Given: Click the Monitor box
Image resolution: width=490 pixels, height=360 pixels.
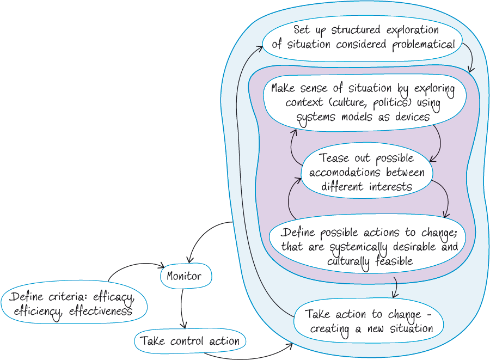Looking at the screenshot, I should click(184, 276).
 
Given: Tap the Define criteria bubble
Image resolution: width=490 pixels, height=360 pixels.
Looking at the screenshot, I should click(75, 305).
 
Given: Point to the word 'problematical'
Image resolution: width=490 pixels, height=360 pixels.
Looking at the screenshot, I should click(424, 45).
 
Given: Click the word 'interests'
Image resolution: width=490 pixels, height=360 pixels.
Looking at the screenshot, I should click(389, 187).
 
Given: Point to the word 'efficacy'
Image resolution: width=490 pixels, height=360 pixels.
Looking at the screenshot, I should click(113, 297).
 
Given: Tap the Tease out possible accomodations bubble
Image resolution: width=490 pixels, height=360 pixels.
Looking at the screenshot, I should click(366, 173).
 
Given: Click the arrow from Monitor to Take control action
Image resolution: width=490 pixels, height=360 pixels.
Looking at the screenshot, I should click(182, 308).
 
